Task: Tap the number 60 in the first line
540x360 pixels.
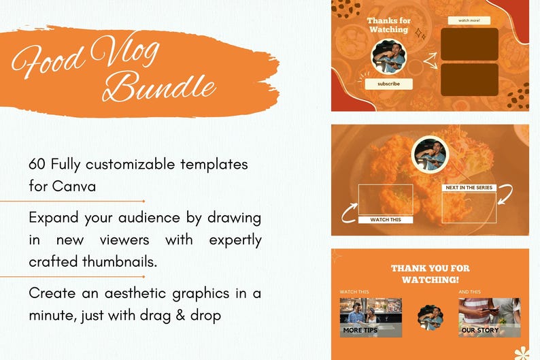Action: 37,165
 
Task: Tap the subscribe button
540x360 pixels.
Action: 388,84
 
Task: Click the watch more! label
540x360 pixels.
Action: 469,20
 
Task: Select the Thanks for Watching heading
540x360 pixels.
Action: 388,25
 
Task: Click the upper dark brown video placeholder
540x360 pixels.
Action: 469,44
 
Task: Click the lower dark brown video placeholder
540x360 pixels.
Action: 469,79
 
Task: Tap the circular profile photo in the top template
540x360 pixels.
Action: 388,58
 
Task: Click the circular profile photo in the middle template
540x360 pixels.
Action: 430,154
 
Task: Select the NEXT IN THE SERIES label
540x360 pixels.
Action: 469,187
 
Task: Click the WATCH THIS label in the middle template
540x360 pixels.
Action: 385,220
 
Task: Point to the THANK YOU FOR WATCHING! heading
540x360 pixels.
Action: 430,274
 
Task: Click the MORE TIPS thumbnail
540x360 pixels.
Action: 371,317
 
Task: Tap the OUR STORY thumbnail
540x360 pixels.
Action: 489,317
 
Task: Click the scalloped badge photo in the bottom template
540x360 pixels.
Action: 430,317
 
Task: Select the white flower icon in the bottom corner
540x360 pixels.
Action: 522,353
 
